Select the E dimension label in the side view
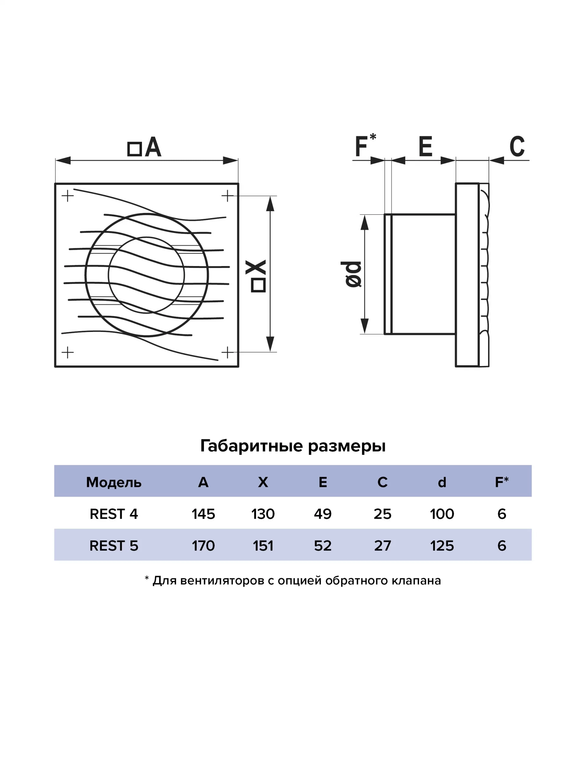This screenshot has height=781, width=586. [425, 146]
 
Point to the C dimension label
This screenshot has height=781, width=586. [517, 146]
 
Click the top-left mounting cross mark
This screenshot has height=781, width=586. [67, 196]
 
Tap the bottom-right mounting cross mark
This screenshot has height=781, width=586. [227, 352]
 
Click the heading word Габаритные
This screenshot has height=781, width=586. [251, 446]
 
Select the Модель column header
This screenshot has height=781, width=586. [114, 482]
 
